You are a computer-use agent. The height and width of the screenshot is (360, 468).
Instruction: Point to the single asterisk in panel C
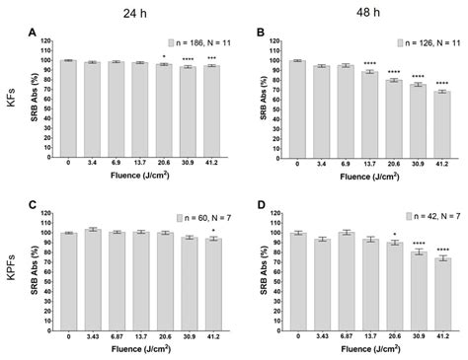pyautogui.click(x=213, y=230)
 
